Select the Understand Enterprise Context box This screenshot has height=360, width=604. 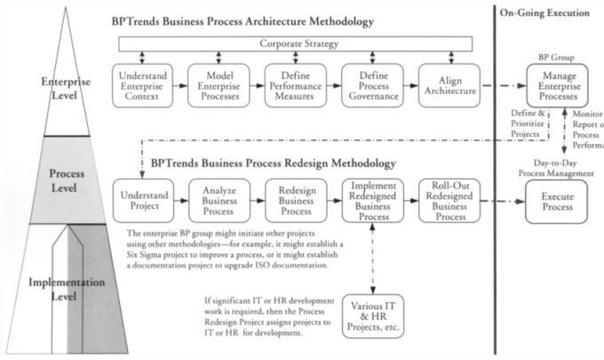point(141,84)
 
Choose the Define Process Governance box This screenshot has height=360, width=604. point(370,84)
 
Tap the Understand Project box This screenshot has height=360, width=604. point(140,200)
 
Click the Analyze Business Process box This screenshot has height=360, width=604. point(217,200)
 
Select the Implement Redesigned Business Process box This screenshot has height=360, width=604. point(370,200)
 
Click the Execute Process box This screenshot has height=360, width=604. point(559,201)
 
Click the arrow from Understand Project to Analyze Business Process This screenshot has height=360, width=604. point(178,200)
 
